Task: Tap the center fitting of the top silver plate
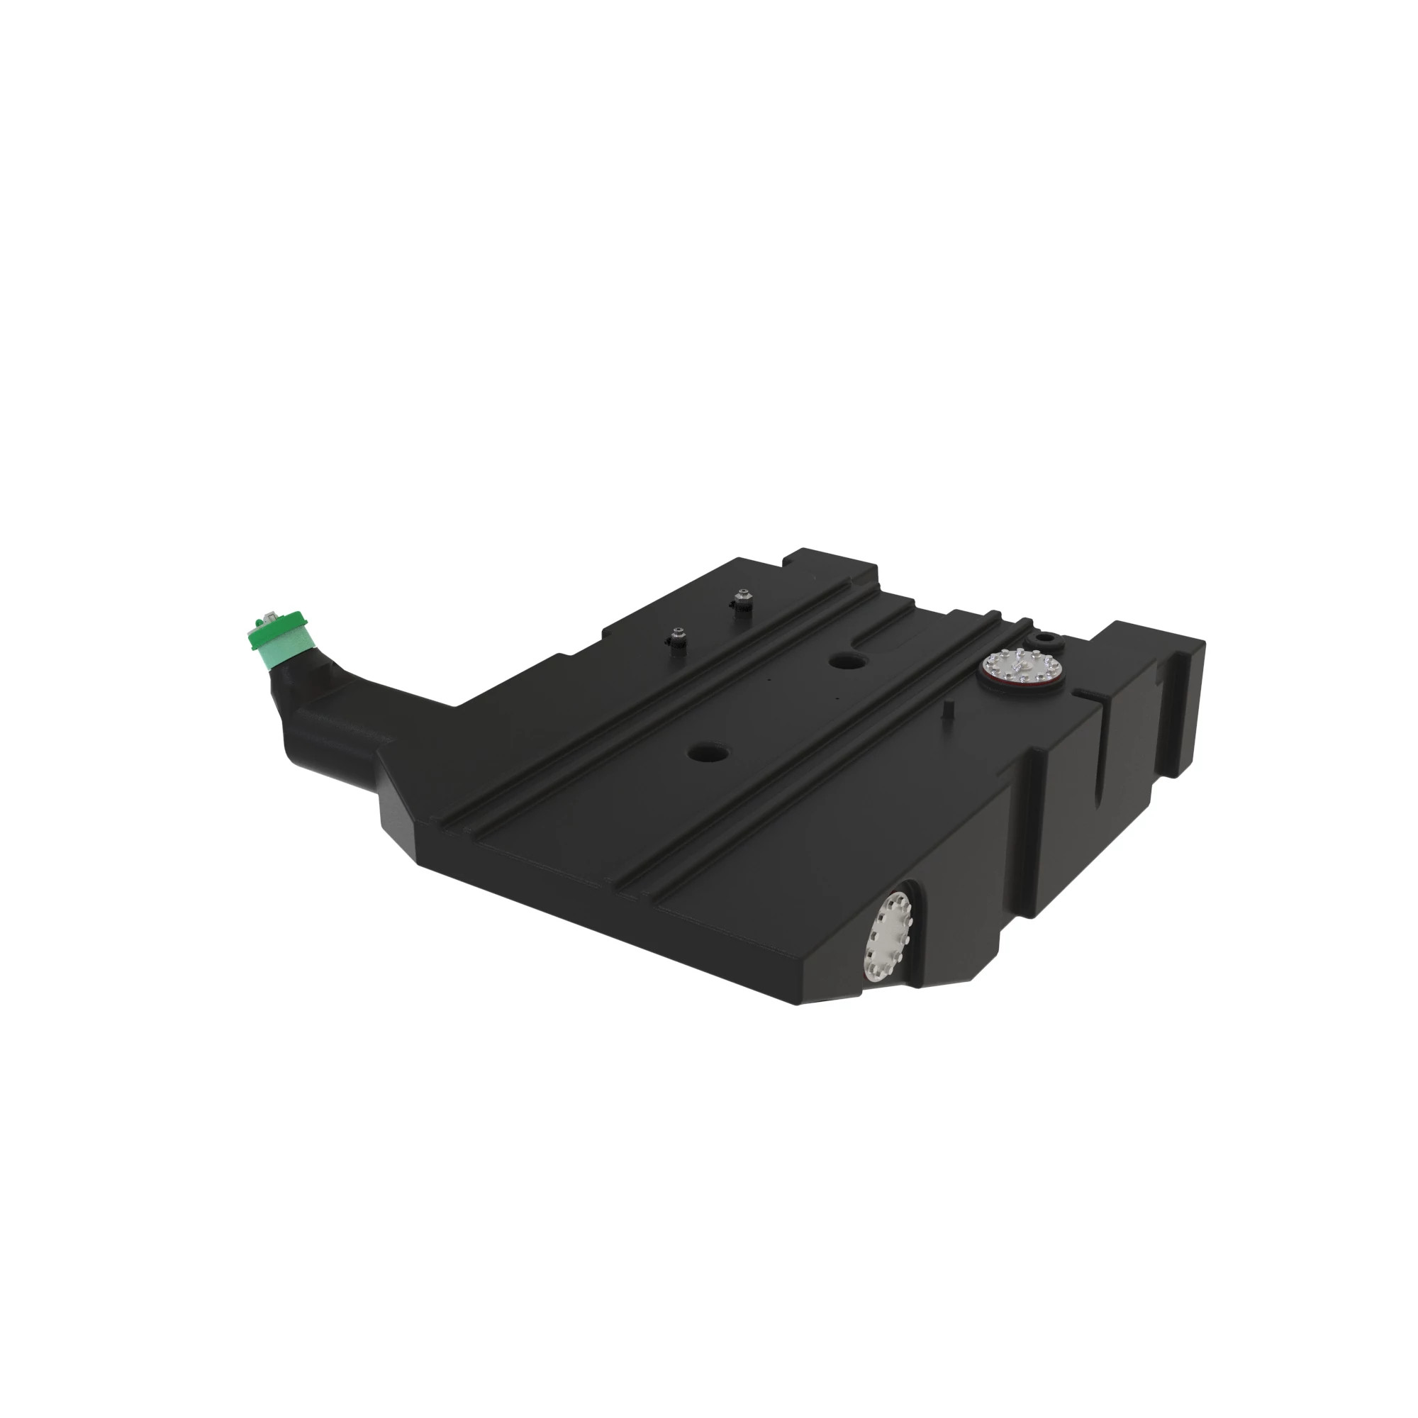pyautogui.click(x=1021, y=666)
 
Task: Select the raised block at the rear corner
pyautogui.click(x=830, y=562)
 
